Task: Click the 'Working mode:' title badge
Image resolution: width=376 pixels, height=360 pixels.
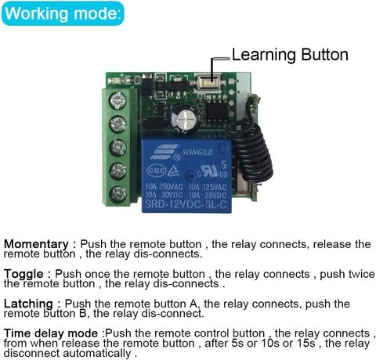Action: coord(63,13)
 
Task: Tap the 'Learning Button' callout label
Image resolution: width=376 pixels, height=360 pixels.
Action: coord(290,55)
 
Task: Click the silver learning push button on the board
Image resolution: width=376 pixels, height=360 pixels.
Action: coord(208,81)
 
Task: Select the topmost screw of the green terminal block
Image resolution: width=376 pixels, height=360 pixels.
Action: coord(117,101)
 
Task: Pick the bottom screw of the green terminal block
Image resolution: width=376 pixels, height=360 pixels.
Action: coord(117,194)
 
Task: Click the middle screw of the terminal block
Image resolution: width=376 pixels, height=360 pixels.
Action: coord(117,148)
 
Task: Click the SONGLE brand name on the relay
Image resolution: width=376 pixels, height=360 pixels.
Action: coord(197,152)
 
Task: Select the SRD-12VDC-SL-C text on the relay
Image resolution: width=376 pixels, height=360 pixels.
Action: coord(186,204)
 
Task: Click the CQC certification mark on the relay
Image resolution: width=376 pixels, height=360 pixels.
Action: coord(157,171)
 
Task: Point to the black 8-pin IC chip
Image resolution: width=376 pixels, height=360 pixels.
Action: coord(217,110)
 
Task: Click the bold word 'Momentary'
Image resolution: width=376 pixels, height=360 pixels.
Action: coord(36,244)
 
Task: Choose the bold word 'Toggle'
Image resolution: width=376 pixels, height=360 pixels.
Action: coord(23,274)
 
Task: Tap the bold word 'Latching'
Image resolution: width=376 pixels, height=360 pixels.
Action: coord(28,304)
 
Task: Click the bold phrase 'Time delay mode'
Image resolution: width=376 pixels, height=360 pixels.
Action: coord(51,333)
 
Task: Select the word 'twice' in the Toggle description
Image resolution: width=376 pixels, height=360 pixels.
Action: coord(361,274)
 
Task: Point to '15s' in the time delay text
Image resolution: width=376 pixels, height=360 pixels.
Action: coord(305,344)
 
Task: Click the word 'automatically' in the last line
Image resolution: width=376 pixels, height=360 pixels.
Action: coord(96,353)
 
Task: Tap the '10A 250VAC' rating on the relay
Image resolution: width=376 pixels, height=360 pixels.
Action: coord(164,187)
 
